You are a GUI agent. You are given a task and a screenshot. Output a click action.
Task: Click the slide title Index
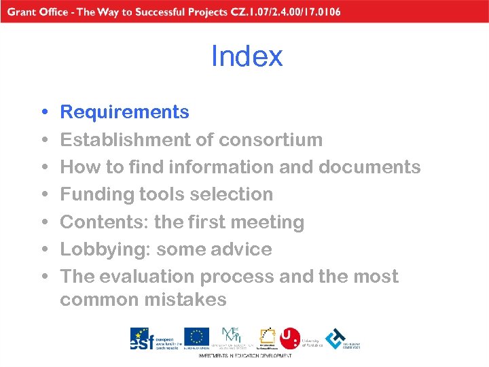pos(247,56)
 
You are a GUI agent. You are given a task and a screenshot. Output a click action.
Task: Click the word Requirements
pos(124,112)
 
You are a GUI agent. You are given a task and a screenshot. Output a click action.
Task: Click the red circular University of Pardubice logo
pos(289,338)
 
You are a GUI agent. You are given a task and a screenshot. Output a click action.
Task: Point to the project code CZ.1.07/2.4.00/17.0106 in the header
pos(286,12)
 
